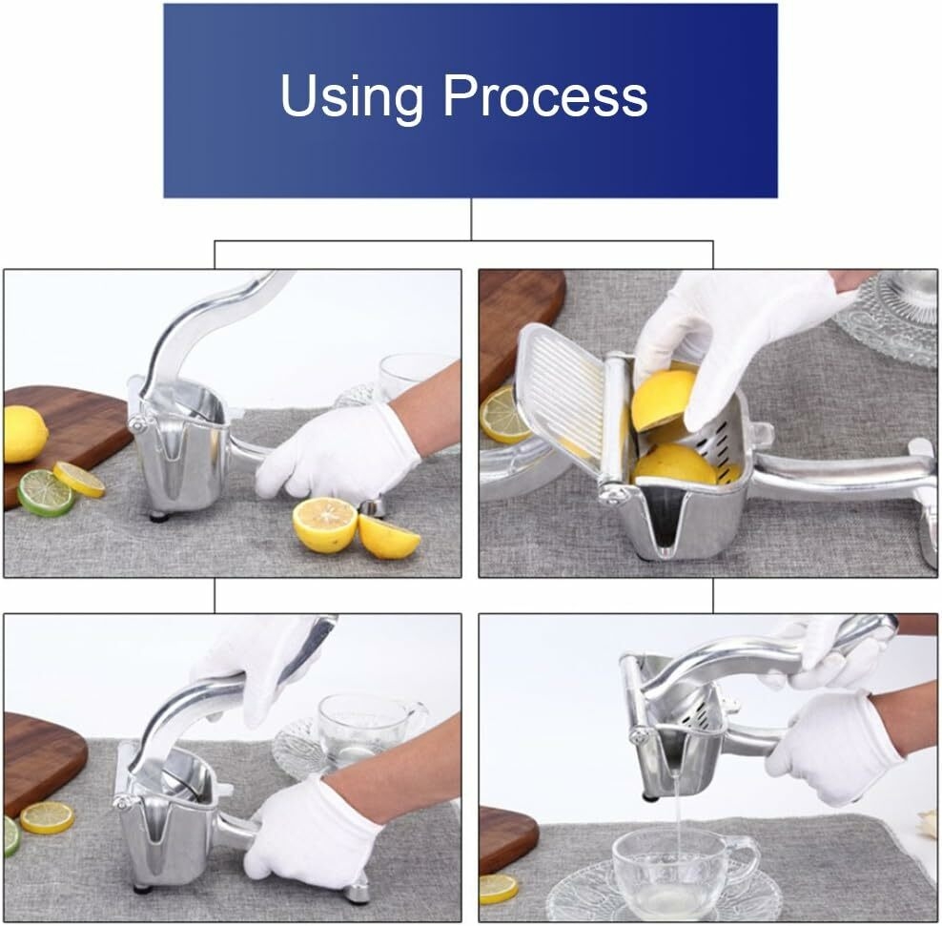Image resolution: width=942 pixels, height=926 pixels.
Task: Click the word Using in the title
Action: coord(352,96)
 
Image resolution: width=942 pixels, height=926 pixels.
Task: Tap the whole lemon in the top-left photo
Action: coord(24,434)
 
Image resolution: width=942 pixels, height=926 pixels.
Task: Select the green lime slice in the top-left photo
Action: coord(46,493)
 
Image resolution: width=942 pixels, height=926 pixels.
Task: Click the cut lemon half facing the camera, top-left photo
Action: coord(325,525)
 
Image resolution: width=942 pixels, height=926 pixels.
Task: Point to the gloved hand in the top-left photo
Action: coord(339,452)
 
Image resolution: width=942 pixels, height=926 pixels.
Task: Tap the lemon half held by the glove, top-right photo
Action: coord(665,401)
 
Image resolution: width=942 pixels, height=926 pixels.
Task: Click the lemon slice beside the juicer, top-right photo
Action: coord(503,415)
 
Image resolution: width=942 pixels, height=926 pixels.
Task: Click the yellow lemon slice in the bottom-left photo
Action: coord(48,818)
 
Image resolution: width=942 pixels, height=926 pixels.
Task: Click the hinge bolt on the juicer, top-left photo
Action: coord(137,424)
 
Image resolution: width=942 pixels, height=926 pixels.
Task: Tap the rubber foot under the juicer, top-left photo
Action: coord(159,516)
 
